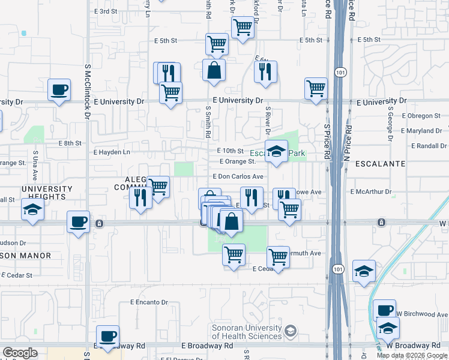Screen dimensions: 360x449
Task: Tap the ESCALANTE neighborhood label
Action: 380,163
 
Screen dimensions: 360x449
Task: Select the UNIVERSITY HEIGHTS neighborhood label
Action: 47,193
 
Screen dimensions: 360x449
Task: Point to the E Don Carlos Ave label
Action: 238,177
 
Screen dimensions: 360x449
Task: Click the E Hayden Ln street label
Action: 112,152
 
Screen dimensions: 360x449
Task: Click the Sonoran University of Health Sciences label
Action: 247,332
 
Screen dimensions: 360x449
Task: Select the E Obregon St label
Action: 421,115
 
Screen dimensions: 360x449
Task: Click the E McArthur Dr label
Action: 370,192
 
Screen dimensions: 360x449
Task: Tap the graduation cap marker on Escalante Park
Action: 277,151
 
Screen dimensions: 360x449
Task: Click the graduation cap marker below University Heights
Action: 32,210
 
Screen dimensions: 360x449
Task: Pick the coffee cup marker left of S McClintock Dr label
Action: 59,90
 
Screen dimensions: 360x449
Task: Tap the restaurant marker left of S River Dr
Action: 265,72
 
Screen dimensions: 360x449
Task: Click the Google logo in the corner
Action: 20,353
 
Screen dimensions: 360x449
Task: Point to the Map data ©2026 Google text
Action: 412,355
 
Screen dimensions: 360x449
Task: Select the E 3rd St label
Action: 105,11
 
